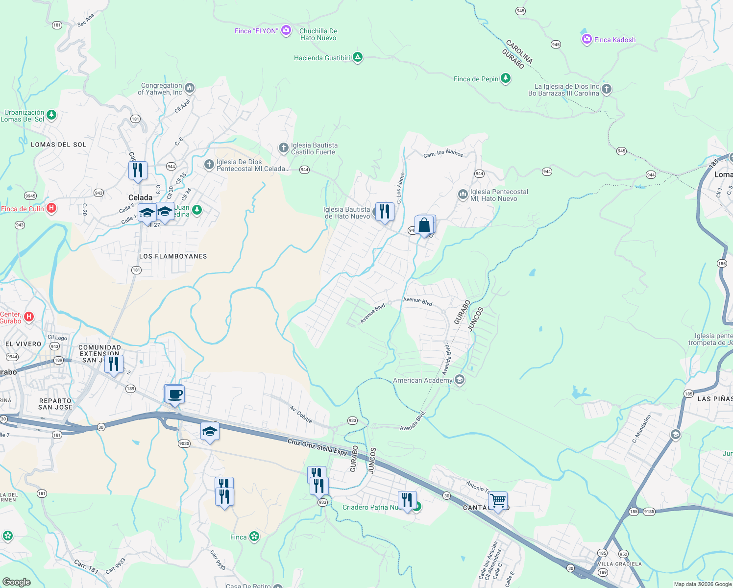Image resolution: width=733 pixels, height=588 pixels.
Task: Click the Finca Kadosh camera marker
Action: (586, 39)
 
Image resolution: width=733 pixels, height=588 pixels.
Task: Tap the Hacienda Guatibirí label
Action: (322, 58)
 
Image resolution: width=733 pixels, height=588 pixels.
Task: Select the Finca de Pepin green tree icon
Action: (506, 78)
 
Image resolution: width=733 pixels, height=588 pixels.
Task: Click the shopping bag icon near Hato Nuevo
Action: (424, 225)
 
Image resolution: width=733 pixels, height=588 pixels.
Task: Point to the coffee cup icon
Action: (175, 394)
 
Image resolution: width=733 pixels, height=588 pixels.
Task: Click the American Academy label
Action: (422, 380)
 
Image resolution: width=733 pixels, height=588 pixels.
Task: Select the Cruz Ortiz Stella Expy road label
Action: (317, 447)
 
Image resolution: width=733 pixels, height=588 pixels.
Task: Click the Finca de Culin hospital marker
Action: (51, 208)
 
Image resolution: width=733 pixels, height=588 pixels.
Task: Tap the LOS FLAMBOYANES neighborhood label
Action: (173, 256)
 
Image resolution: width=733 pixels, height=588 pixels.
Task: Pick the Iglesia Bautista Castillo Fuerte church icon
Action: (283, 148)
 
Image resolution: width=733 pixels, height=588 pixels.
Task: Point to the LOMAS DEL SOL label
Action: (58, 145)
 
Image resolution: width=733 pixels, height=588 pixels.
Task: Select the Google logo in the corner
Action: (17, 582)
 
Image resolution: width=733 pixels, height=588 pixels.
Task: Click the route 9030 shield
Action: (184, 443)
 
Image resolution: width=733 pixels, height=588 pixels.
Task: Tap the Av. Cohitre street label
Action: (301, 414)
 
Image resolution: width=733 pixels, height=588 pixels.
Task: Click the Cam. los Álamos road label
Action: (443, 154)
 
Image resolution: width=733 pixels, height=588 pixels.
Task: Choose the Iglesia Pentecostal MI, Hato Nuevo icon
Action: (463, 195)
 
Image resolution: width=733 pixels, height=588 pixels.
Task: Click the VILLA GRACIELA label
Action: (620, 564)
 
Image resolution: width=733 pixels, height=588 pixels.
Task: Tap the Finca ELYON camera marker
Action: (286, 30)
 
